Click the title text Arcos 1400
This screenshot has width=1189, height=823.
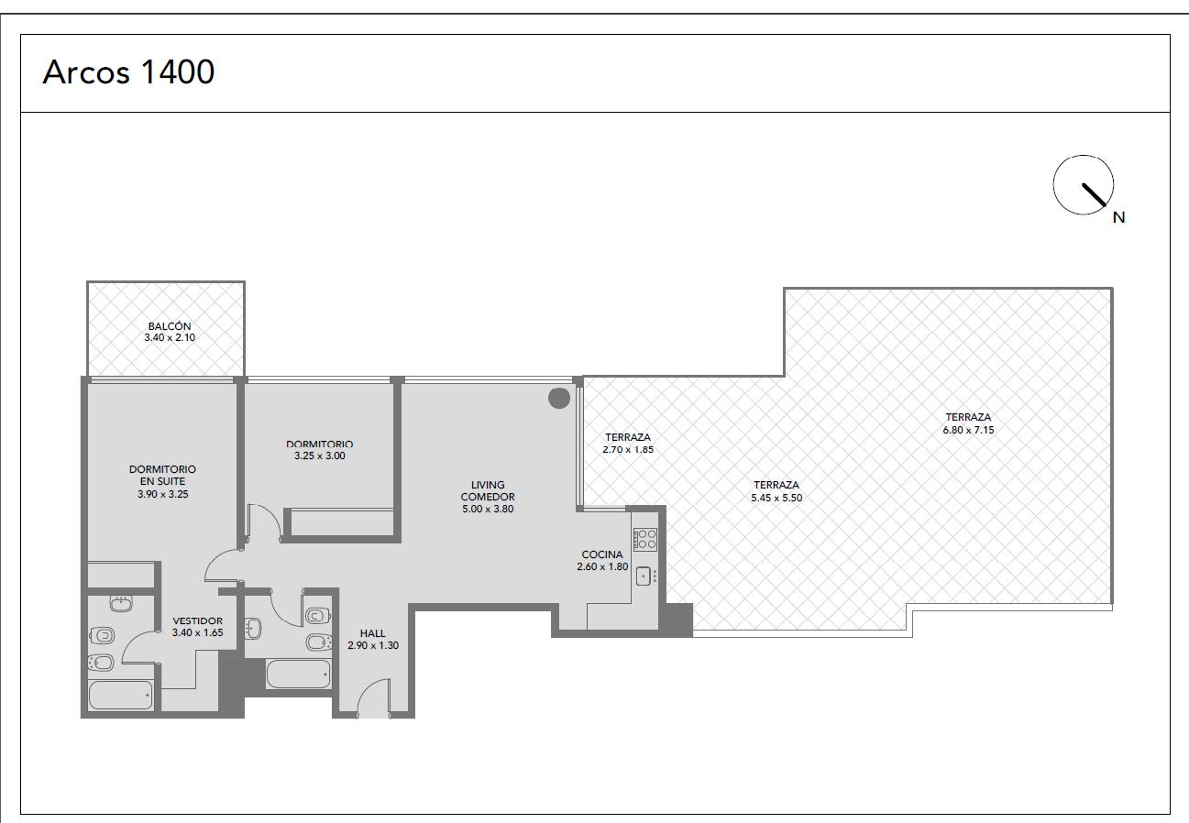128,71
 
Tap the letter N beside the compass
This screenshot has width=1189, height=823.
1118,217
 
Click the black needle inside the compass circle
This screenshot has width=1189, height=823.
1094,194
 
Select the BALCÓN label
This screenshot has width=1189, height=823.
170,326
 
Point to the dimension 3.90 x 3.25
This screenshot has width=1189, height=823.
163,494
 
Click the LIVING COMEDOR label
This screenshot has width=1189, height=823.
488,491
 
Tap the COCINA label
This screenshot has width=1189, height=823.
602,554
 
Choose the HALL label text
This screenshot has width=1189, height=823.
372,633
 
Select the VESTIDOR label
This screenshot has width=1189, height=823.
197,620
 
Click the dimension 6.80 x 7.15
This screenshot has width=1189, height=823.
968,430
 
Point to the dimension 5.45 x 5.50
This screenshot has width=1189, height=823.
776,498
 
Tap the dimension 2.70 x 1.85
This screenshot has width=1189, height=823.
628,449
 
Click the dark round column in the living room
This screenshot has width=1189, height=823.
559,398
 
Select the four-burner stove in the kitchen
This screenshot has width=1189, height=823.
645,539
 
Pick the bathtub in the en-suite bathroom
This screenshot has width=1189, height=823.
121,695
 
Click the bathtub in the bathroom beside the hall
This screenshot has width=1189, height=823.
298,674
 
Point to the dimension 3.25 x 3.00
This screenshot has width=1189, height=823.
320,455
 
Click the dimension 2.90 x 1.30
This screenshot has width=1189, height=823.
373,645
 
